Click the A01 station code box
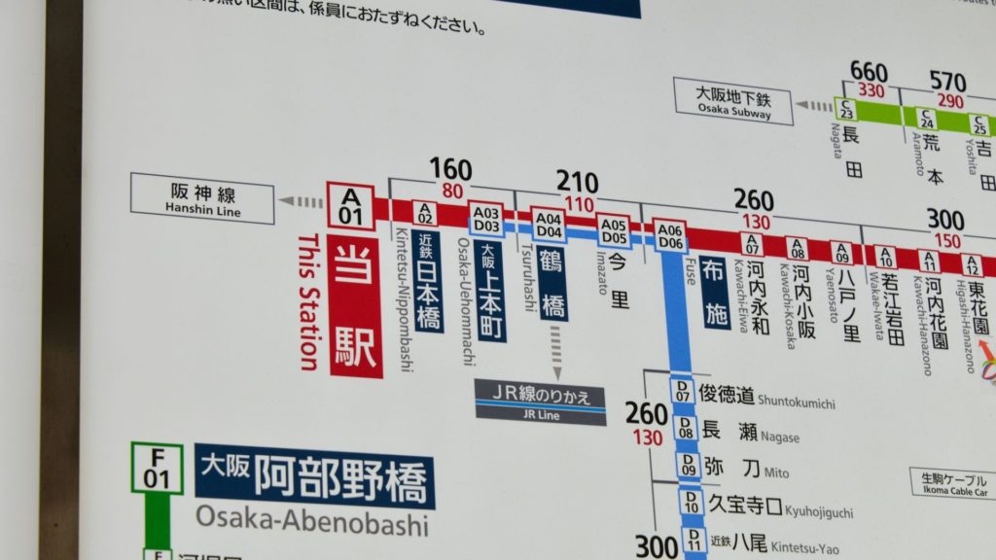point(350,206)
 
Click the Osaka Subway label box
point(733,101)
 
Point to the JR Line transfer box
point(540,402)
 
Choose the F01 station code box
point(157,468)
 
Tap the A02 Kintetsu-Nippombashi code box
point(424,213)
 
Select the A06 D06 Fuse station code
point(670,236)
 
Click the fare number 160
point(450,170)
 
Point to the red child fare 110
point(578,204)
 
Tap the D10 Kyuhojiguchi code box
point(691,502)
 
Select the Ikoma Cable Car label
point(952,482)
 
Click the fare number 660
point(869,72)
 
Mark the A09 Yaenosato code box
point(842,252)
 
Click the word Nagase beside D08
point(779,437)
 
